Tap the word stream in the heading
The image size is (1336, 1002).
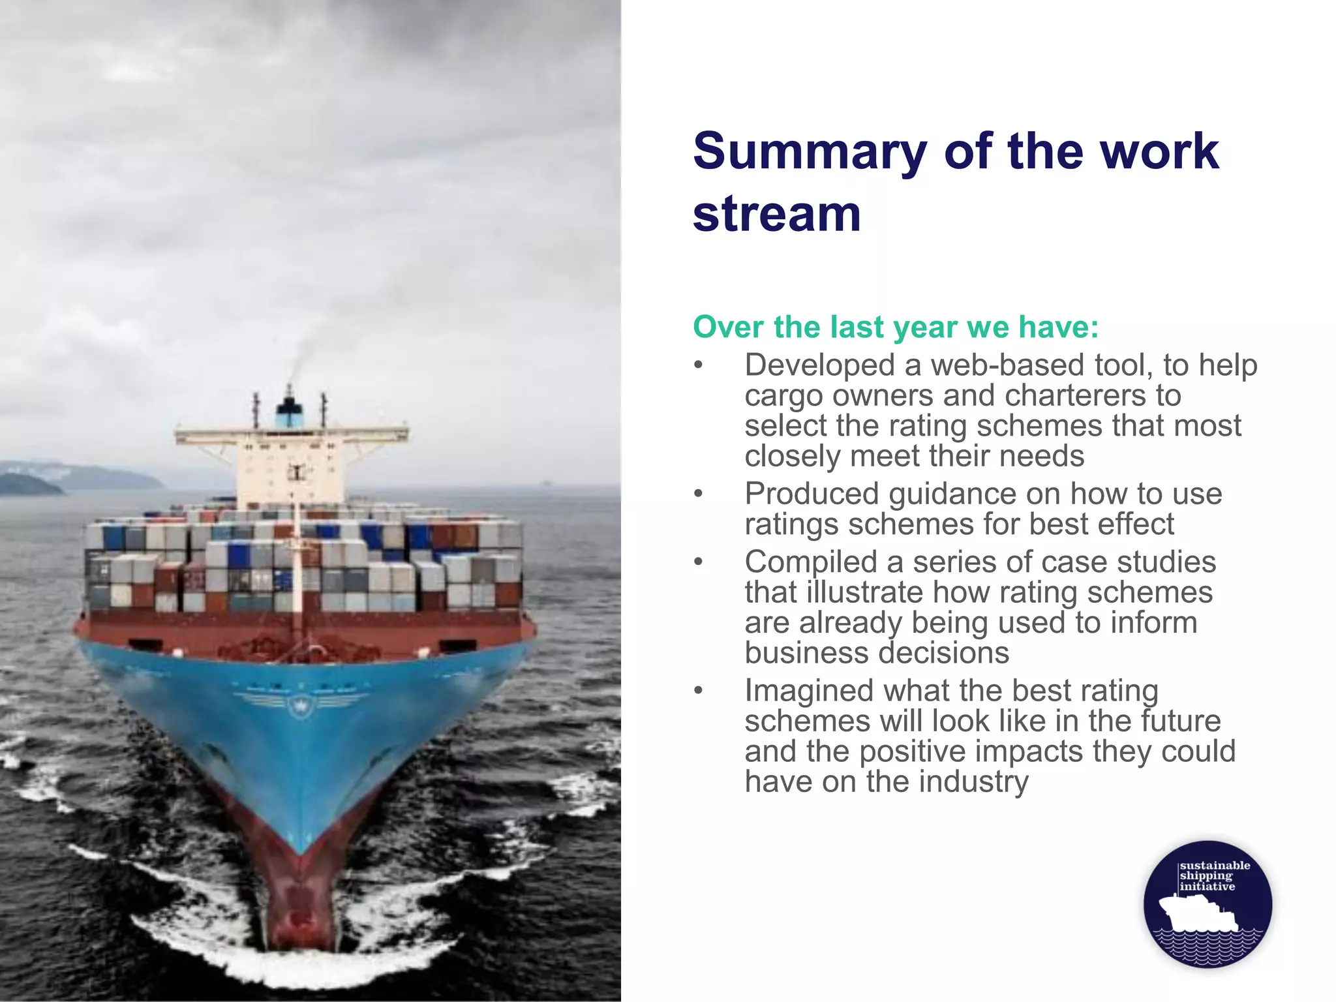pos(776,214)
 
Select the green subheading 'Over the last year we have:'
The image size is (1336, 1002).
pos(895,327)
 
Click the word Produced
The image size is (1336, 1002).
pos(812,494)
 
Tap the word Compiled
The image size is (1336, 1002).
pos(810,563)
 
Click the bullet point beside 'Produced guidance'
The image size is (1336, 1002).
pos(699,494)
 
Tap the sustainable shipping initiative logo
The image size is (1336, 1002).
pos(1207,903)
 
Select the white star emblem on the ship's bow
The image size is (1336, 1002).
pos(300,705)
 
